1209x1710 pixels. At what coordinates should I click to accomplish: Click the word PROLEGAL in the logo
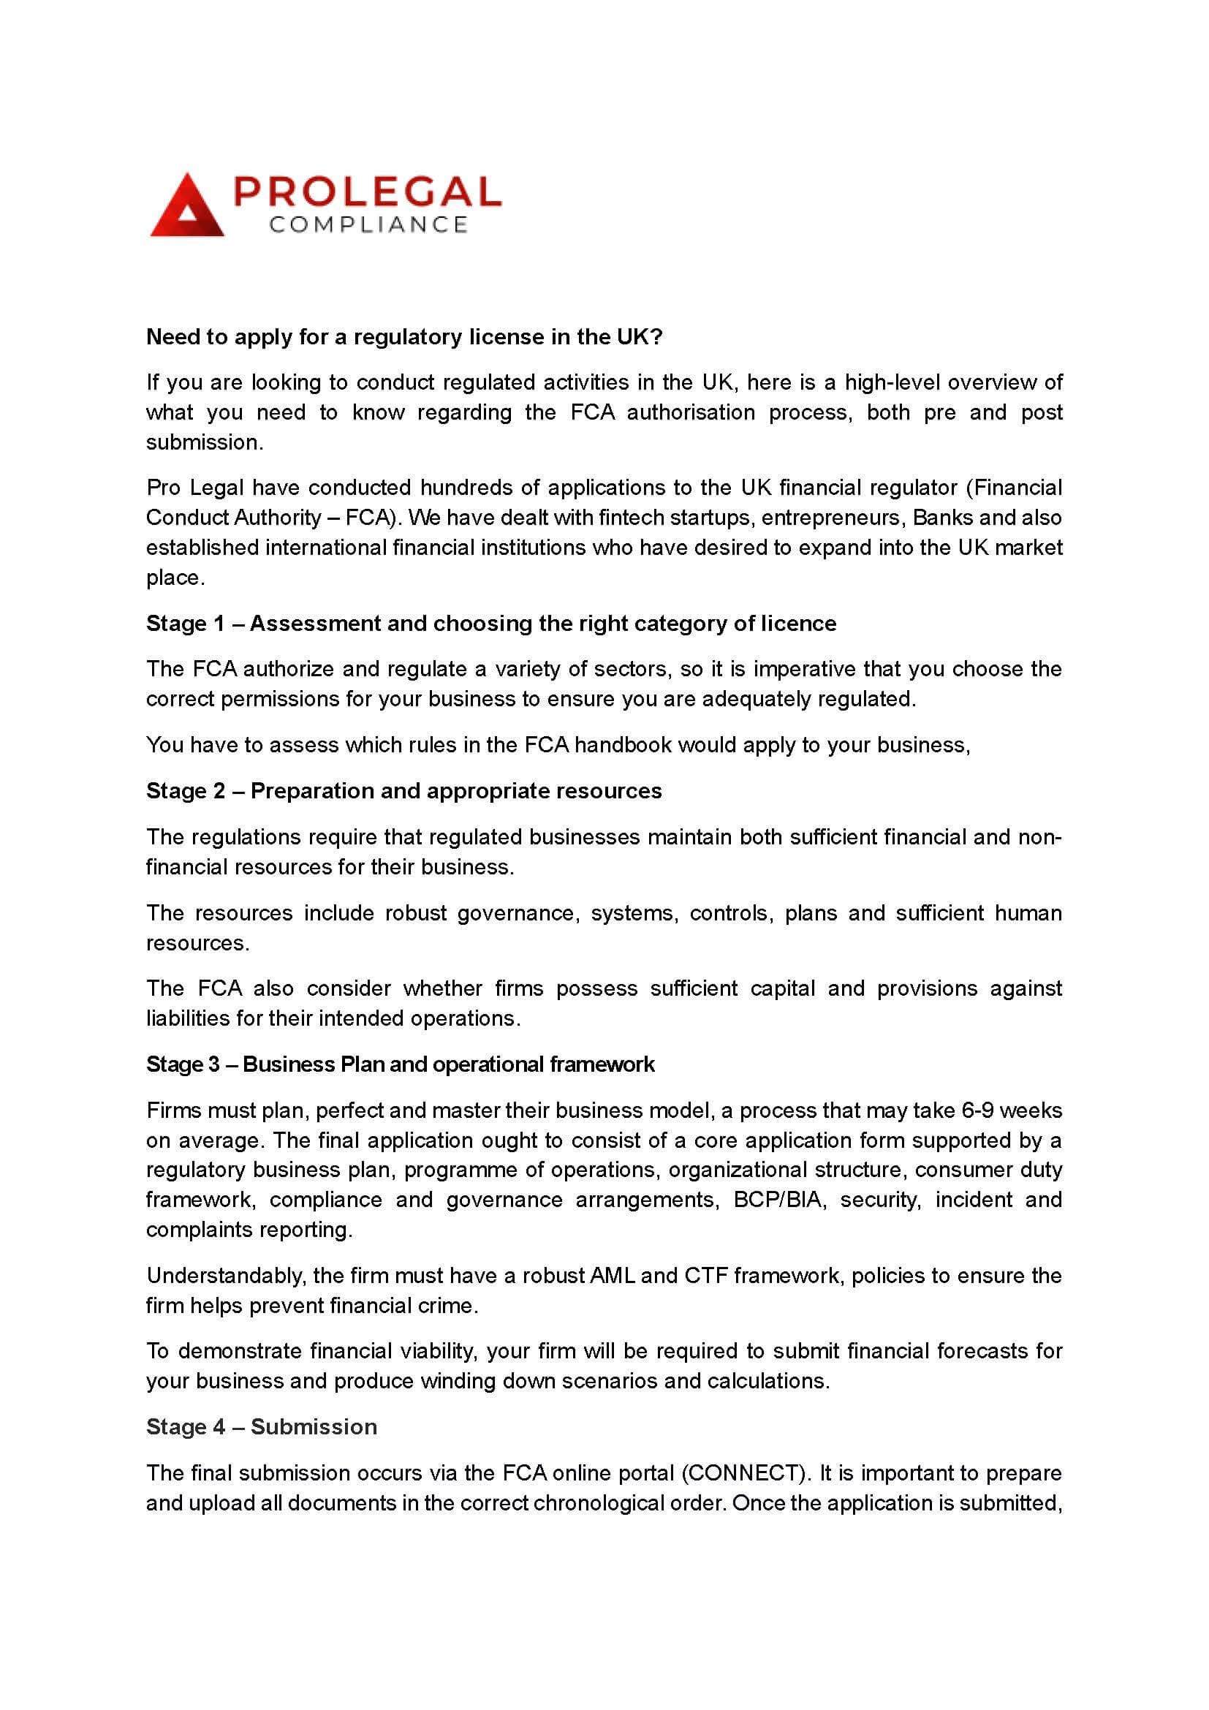[367, 192]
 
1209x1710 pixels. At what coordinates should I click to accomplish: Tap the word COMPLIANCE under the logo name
[368, 225]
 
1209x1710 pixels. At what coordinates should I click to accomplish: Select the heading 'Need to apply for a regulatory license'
[403, 337]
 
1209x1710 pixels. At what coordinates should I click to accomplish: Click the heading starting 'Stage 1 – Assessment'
[490, 624]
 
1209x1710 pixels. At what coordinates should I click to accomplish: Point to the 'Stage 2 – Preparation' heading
[403, 791]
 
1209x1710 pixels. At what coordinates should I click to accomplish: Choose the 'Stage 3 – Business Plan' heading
[400, 1064]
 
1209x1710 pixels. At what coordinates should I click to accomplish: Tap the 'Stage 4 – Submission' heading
[261, 1427]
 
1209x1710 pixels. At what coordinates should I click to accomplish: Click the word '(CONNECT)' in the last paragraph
[745, 1473]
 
